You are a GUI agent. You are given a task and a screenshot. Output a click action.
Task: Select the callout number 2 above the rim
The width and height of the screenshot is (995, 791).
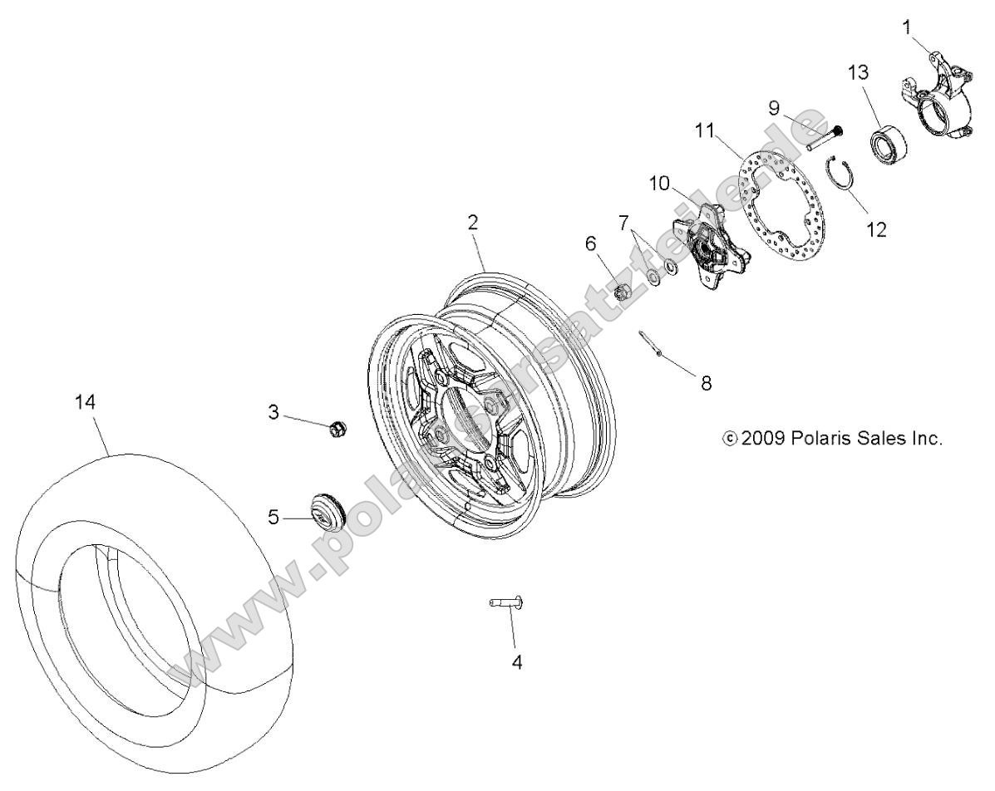(x=473, y=222)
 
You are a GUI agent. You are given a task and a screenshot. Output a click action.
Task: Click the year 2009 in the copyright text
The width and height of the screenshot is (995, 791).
(x=762, y=438)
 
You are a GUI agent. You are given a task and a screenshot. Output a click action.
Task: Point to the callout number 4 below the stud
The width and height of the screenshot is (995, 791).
(x=516, y=663)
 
